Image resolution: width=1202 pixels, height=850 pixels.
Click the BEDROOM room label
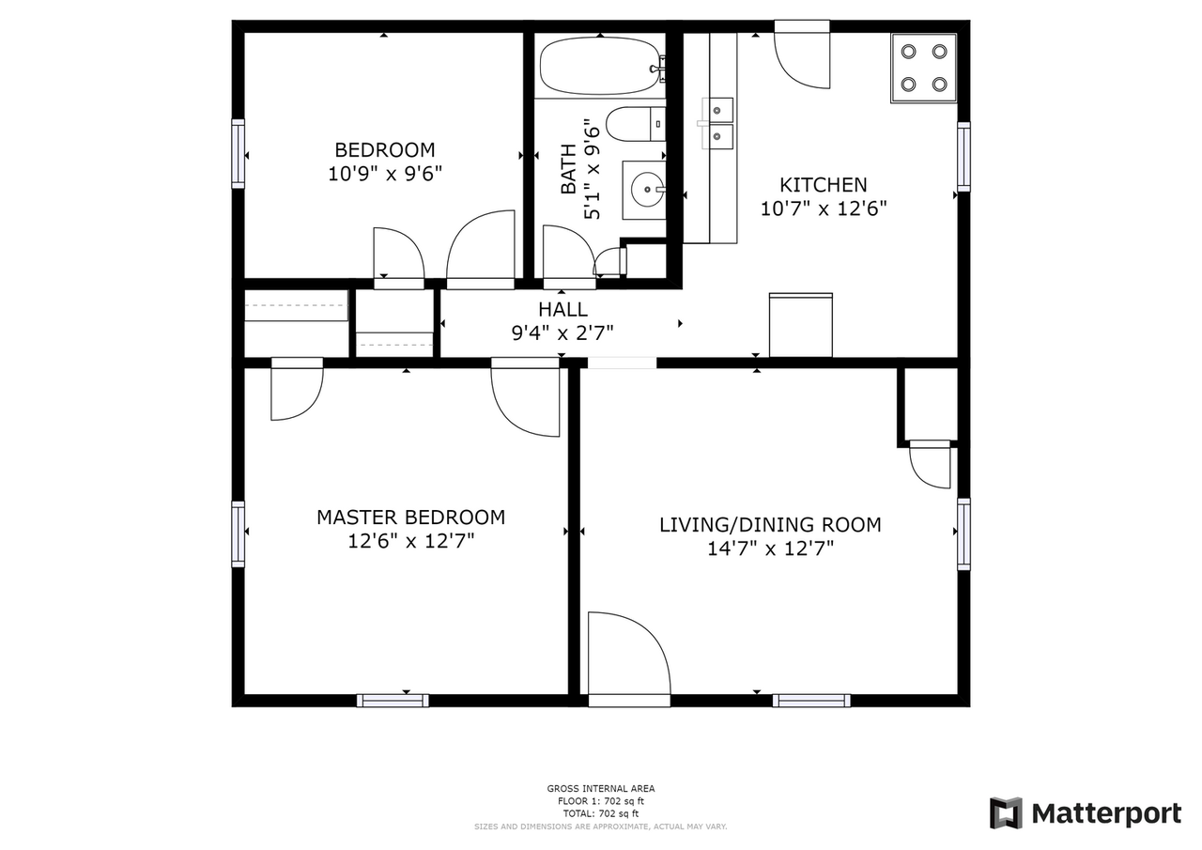[385, 150]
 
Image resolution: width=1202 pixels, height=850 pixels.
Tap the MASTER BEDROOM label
[410, 518]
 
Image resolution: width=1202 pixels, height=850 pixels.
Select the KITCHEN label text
[823, 185]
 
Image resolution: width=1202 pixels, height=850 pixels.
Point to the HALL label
[563, 310]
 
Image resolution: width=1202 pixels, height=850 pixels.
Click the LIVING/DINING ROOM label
[770, 525]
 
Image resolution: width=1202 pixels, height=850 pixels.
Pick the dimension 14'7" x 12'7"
[770, 549]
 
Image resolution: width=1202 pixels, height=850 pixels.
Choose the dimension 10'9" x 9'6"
[385, 174]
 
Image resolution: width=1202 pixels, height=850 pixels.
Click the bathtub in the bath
[601, 67]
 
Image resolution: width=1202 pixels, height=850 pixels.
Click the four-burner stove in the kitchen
[923, 68]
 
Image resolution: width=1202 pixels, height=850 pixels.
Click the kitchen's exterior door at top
[802, 58]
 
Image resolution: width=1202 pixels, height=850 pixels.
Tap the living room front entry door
[628, 657]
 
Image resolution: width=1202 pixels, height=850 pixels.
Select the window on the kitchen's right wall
[963, 157]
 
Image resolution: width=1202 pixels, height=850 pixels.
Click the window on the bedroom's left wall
[239, 154]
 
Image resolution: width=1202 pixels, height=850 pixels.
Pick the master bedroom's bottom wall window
[393, 700]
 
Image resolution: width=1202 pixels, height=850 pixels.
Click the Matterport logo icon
[1006, 812]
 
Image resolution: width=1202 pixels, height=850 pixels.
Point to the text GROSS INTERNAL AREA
[601, 789]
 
